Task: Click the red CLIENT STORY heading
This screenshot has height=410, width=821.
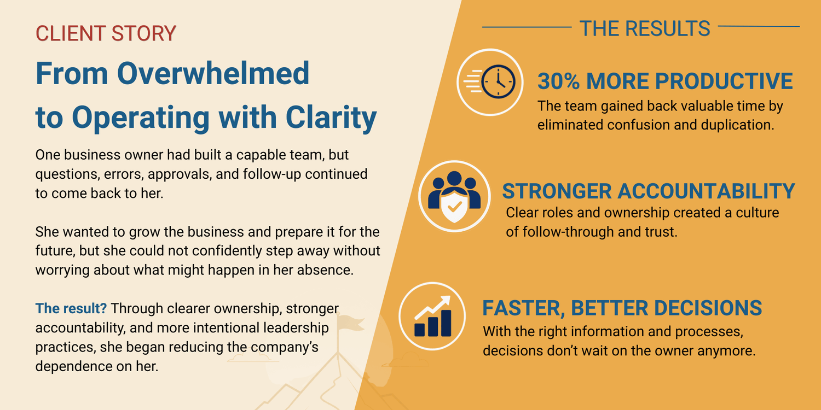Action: [106, 33]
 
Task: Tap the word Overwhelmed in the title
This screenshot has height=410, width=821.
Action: [213, 73]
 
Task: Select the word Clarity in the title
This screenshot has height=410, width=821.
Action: [331, 118]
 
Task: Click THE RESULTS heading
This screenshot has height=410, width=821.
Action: [645, 28]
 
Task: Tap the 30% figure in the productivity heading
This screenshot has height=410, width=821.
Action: [558, 81]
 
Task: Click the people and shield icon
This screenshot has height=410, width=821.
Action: [454, 197]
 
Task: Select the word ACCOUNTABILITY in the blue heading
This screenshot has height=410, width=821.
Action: [706, 191]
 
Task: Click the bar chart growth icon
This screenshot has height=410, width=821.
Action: [432, 317]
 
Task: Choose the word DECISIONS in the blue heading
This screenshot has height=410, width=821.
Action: [708, 308]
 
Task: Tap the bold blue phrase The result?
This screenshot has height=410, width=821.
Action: [71, 308]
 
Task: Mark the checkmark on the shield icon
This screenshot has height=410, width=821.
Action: [454, 207]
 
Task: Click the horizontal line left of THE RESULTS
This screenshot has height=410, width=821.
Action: [527, 27]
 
